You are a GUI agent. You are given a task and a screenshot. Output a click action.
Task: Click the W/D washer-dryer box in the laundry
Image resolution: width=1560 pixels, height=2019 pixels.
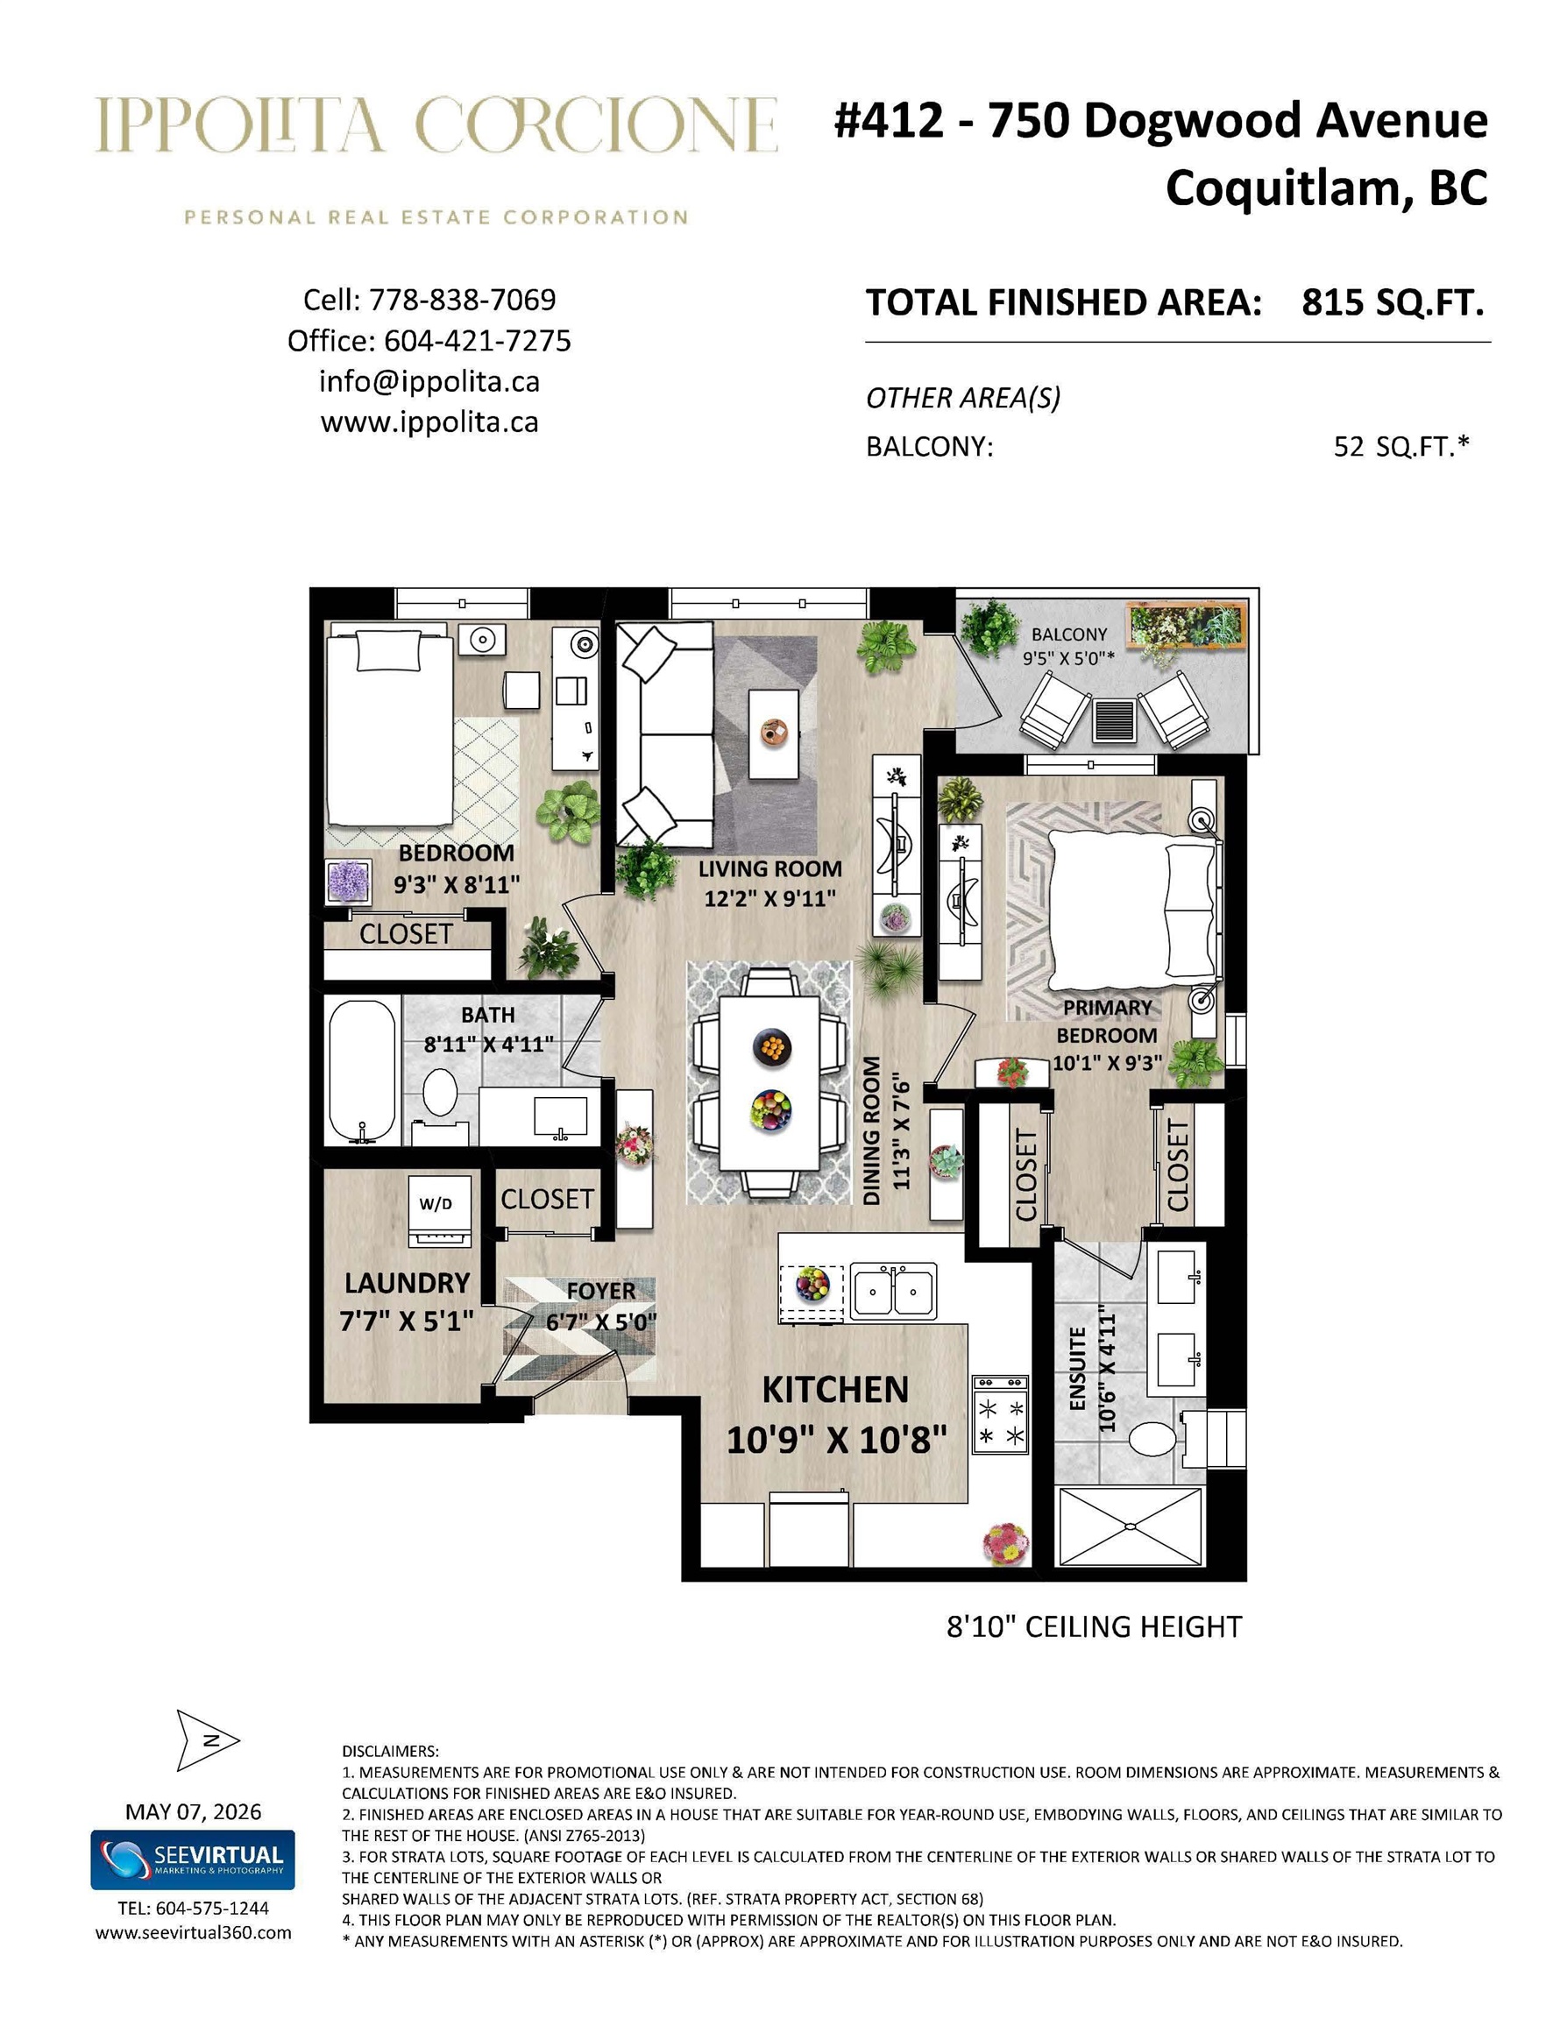pyautogui.click(x=440, y=1208)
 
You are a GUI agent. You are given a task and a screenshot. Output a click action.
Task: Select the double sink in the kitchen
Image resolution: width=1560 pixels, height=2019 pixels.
pyautogui.click(x=892, y=1290)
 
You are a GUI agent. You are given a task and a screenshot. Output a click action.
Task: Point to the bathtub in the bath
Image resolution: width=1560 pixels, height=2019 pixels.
pyautogui.click(x=363, y=1072)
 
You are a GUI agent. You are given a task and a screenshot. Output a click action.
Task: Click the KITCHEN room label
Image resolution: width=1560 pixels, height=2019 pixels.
pyautogui.click(x=835, y=1391)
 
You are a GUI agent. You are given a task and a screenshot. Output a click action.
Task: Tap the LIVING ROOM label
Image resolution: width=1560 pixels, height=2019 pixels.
pyautogui.click(x=769, y=869)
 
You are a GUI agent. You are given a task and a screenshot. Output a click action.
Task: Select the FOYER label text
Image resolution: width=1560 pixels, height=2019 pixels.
pyautogui.click(x=600, y=1291)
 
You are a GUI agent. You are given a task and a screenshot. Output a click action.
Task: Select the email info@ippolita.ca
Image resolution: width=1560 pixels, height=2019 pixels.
pyautogui.click(x=429, y=381)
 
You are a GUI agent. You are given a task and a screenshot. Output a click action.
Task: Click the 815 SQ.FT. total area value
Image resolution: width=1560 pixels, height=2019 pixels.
pyautogui.click(x=1393, y=302)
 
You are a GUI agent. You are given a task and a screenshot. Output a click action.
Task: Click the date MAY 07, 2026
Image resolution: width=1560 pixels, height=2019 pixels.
pyautogui.click(x=194, y=1811)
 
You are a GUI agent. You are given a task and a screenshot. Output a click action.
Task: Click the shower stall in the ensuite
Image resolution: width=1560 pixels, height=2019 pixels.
pyautogui.click(x=1130, y=1527)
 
